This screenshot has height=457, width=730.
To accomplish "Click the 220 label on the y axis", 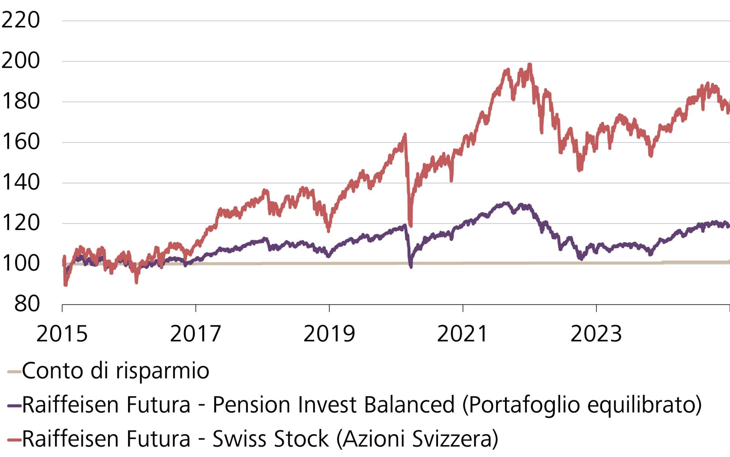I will click(x=21, y=20).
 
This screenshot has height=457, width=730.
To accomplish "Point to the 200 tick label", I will click(x=21, y=61).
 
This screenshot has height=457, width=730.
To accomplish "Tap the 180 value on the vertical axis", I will click(x=21, y=101).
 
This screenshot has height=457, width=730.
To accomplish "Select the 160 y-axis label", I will click(x=21, y=142).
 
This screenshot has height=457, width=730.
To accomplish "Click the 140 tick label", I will click(x=21, y=182).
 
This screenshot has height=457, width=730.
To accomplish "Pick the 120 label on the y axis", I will click(x=21, y=223).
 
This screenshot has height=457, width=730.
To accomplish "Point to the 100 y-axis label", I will click(x=21, y=263).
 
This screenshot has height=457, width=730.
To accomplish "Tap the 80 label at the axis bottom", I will click(x=27, y=304).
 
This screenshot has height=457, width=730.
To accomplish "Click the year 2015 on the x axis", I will click(x=62, y=334).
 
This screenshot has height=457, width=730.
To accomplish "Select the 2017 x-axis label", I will click(x=195, y=334).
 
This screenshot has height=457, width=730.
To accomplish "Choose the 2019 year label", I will click(x=329, y=334).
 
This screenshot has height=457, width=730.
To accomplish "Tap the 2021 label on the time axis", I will click(x=462, y=334).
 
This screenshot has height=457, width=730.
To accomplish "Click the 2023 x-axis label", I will click(x=596, y=334).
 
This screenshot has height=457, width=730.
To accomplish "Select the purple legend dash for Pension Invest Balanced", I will click(x=14, y=406).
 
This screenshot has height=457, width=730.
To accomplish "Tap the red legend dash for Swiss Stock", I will click(x=14, y=440).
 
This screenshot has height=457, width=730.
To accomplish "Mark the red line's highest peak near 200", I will click(x=530, y=65).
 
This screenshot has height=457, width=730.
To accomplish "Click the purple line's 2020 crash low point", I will click(x=411, y=266).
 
